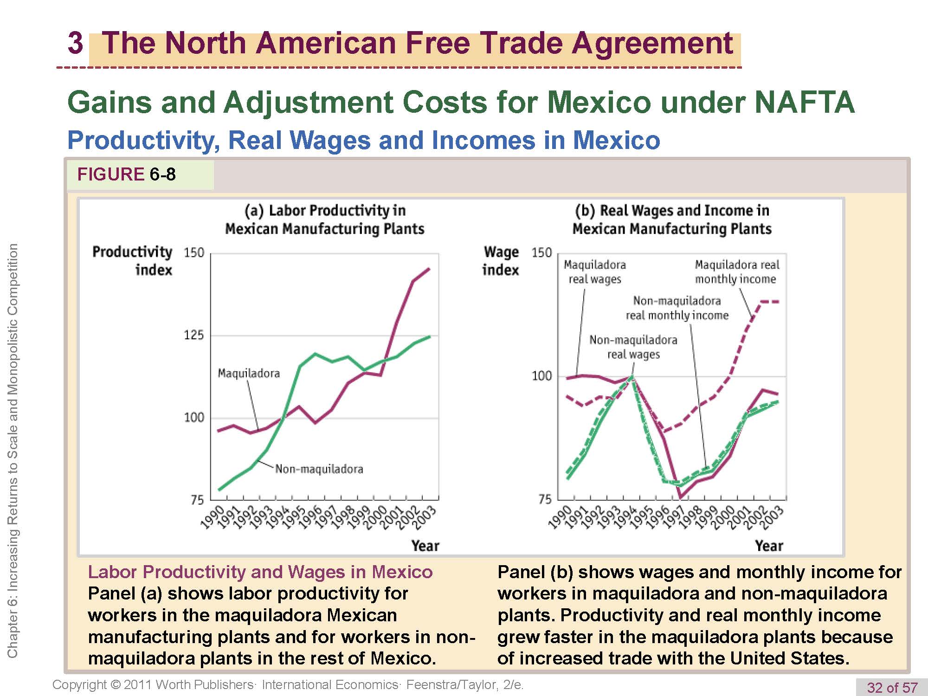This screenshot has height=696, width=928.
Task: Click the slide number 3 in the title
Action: coord(75,43)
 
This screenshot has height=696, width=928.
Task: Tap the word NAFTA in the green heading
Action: coord(804,102)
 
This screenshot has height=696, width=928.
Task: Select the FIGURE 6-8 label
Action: coord(126,174)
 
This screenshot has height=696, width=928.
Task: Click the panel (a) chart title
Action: coord(325,219)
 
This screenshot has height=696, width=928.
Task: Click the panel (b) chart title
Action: coord(672,219)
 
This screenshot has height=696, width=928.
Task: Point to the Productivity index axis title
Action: coord(132,260)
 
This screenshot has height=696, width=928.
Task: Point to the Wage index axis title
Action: coord(501,260)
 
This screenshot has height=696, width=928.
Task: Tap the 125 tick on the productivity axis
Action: coord(194,335)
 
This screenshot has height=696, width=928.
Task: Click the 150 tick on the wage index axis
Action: coord(541,253)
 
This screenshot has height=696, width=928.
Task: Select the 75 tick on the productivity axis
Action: coord(197,500)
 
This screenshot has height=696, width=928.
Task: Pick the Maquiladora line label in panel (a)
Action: coord(249,374)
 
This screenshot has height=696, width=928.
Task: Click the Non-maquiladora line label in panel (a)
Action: coord(319,469)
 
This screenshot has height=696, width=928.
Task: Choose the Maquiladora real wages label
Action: coord(595,272)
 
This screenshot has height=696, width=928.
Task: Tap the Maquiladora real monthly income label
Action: coord(737,272)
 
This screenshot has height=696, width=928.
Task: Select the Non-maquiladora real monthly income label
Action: coord(677,308)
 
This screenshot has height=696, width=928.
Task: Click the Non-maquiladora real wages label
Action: coord(633,347)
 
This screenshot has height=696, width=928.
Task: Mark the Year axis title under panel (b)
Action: coord(769,546)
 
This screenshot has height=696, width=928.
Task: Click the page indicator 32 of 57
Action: coord(892,687)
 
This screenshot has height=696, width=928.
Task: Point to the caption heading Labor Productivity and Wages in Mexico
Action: coord(260,572)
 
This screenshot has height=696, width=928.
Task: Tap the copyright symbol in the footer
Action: coord(116,685)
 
